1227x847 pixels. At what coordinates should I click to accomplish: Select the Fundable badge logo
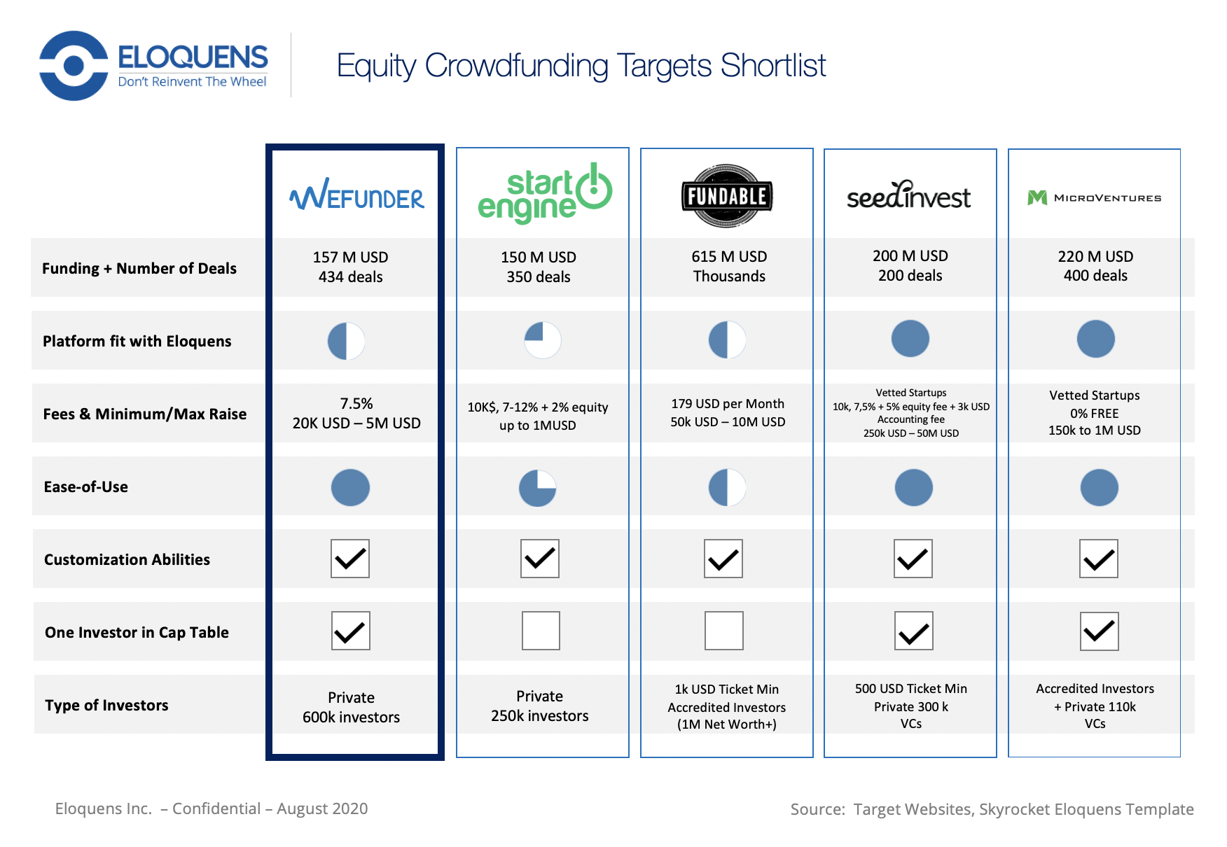tap(727, 196)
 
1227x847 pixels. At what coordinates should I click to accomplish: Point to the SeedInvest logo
tap(908, 195)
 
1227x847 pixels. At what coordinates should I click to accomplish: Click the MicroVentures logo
tap(1094, 198)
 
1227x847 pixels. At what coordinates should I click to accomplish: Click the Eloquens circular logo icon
tap(74, 66)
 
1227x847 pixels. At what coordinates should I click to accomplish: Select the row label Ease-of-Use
tap(86, 486)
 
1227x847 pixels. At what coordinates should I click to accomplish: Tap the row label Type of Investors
tap(106, 705)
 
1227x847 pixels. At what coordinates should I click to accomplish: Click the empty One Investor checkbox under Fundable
tap(723, 631)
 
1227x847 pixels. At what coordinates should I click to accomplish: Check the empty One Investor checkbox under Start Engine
tap(541, 631)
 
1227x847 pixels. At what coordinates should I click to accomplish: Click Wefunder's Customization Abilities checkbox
tap(350, 559)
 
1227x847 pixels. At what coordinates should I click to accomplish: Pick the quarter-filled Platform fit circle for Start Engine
tap(543, 340)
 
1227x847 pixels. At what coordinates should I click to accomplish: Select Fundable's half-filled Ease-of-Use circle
tap(727, 487)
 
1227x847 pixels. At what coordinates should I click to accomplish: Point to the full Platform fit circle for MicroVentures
tap(1096, 339)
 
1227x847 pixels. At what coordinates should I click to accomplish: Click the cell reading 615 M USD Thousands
tap(729, 267)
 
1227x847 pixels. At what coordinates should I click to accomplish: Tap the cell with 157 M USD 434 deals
tap(351, 267)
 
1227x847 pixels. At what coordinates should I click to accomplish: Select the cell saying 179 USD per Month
tap(728, 404)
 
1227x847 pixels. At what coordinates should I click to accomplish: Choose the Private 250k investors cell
tap(540, 706)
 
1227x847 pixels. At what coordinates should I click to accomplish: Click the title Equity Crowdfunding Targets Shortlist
tap(581, 66)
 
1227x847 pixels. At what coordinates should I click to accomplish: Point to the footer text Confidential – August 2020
tap(270, 808)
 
